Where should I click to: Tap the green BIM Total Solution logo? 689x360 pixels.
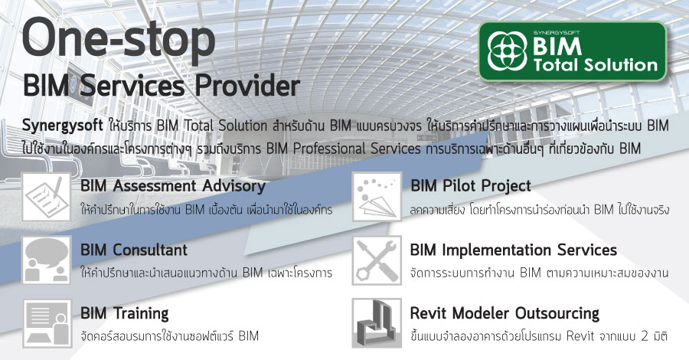[572, 52]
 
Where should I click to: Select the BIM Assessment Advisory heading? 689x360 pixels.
[173, 186]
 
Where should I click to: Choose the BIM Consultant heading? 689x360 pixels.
[134, 250]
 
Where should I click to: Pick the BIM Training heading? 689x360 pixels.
[125, 313]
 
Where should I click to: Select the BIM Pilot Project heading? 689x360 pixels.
[471, 186]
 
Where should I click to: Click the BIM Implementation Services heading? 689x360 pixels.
[514, 250]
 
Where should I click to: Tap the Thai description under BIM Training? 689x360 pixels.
[170, 335]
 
